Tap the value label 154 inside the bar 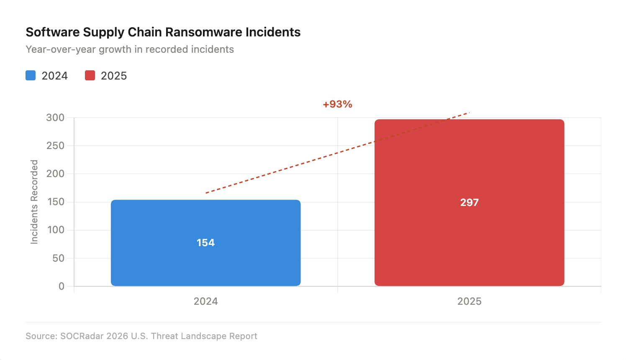pos(205,243)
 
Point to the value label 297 pos(469,203)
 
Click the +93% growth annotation pos(337,104)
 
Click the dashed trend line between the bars pos(337,153)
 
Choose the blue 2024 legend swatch pos(31,76)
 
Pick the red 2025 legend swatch pos(90,76)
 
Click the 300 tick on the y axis pos(55,118)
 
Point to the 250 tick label pos(55,146)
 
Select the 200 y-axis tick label pos(55,174)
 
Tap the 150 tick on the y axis pos(55,202)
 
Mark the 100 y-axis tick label pos(55,230)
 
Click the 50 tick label pos(58,258)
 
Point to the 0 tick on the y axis pos(62,286)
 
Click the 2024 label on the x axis pos(205,301)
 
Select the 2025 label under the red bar pos(469,301)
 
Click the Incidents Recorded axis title pos(34,202)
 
